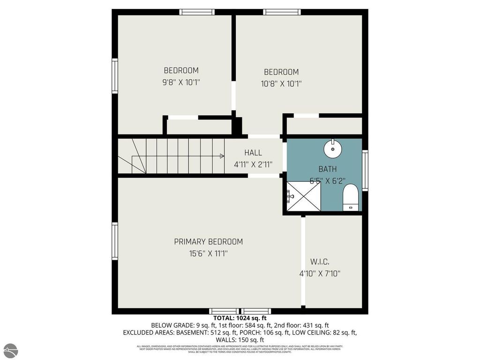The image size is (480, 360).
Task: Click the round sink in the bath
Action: point(333,149)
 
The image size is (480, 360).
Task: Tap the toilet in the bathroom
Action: point(350,197)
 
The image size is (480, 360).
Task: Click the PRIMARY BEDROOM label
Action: point(209,242)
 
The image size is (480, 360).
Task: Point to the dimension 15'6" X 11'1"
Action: point(209,254)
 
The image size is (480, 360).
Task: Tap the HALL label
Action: point(253,153)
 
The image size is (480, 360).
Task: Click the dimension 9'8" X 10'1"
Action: point(181,82)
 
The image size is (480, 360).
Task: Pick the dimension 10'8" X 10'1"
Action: point(281,84)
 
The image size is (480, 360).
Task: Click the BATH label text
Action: point(327,169)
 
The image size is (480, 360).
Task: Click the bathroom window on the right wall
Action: point(365,170)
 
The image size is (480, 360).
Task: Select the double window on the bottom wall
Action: point(240,311)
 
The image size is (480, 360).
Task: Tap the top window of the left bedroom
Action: point(197,12)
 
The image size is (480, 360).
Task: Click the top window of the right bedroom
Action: point(281,12)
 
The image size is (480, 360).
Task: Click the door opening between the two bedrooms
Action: point(233,96)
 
